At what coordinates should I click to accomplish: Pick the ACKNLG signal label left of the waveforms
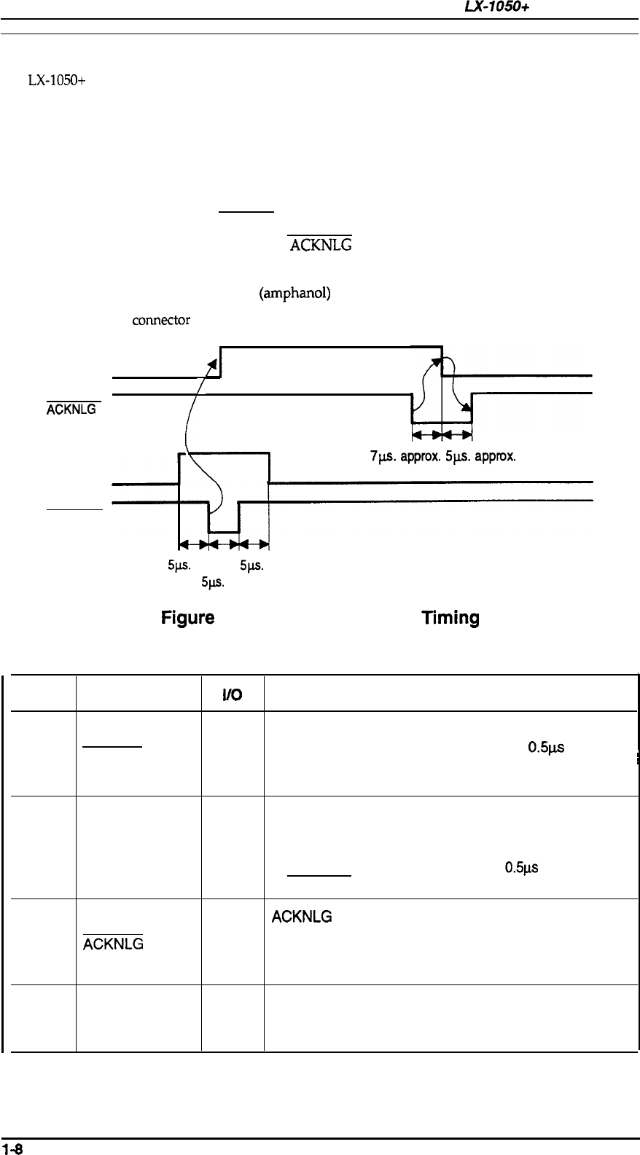pyautogui.click(x=71, y=410)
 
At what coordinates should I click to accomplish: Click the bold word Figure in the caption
pyautogui.click(x=187, y=619)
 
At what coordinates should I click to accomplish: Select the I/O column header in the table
pyautogui.click(x=233, y=697)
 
